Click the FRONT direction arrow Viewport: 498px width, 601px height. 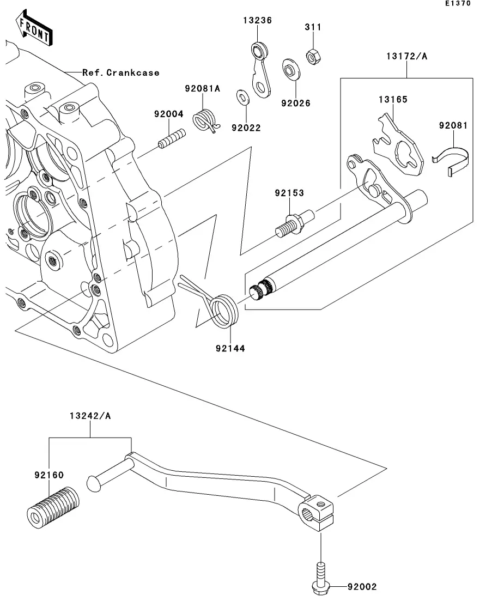click(34, 30)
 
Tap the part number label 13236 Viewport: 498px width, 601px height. click(257, 20)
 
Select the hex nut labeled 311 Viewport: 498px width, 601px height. click(313, 56)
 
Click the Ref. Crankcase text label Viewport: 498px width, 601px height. click(121, 72)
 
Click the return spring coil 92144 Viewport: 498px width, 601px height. click(224, 310)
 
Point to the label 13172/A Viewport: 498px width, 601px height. click(406, 56)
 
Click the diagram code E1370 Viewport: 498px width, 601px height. click(457, 3)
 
